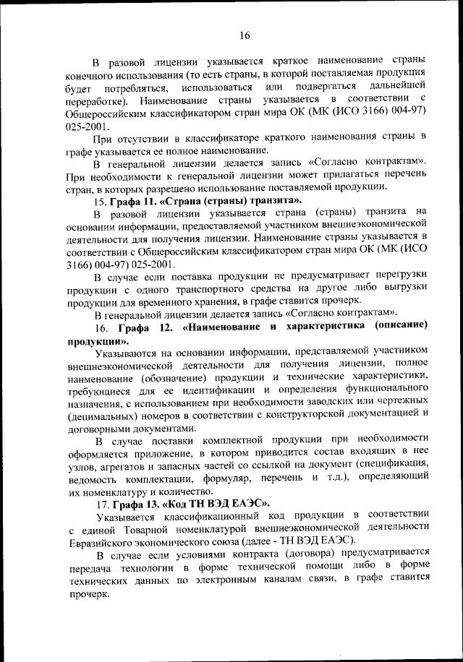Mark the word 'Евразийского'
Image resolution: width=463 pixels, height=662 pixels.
103,540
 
